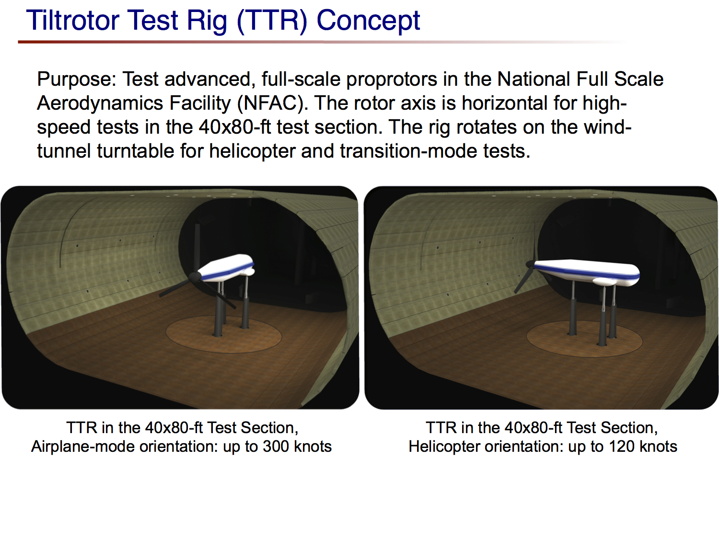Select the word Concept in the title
(x=368, y=21)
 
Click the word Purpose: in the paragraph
(x=77, y=80)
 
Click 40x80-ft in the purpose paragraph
(x=235, y=127)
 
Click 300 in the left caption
(x=276, y=447)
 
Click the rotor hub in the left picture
(x=194, y=277)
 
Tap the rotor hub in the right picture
(x=530, y=264)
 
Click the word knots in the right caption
(x=659, y=447)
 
